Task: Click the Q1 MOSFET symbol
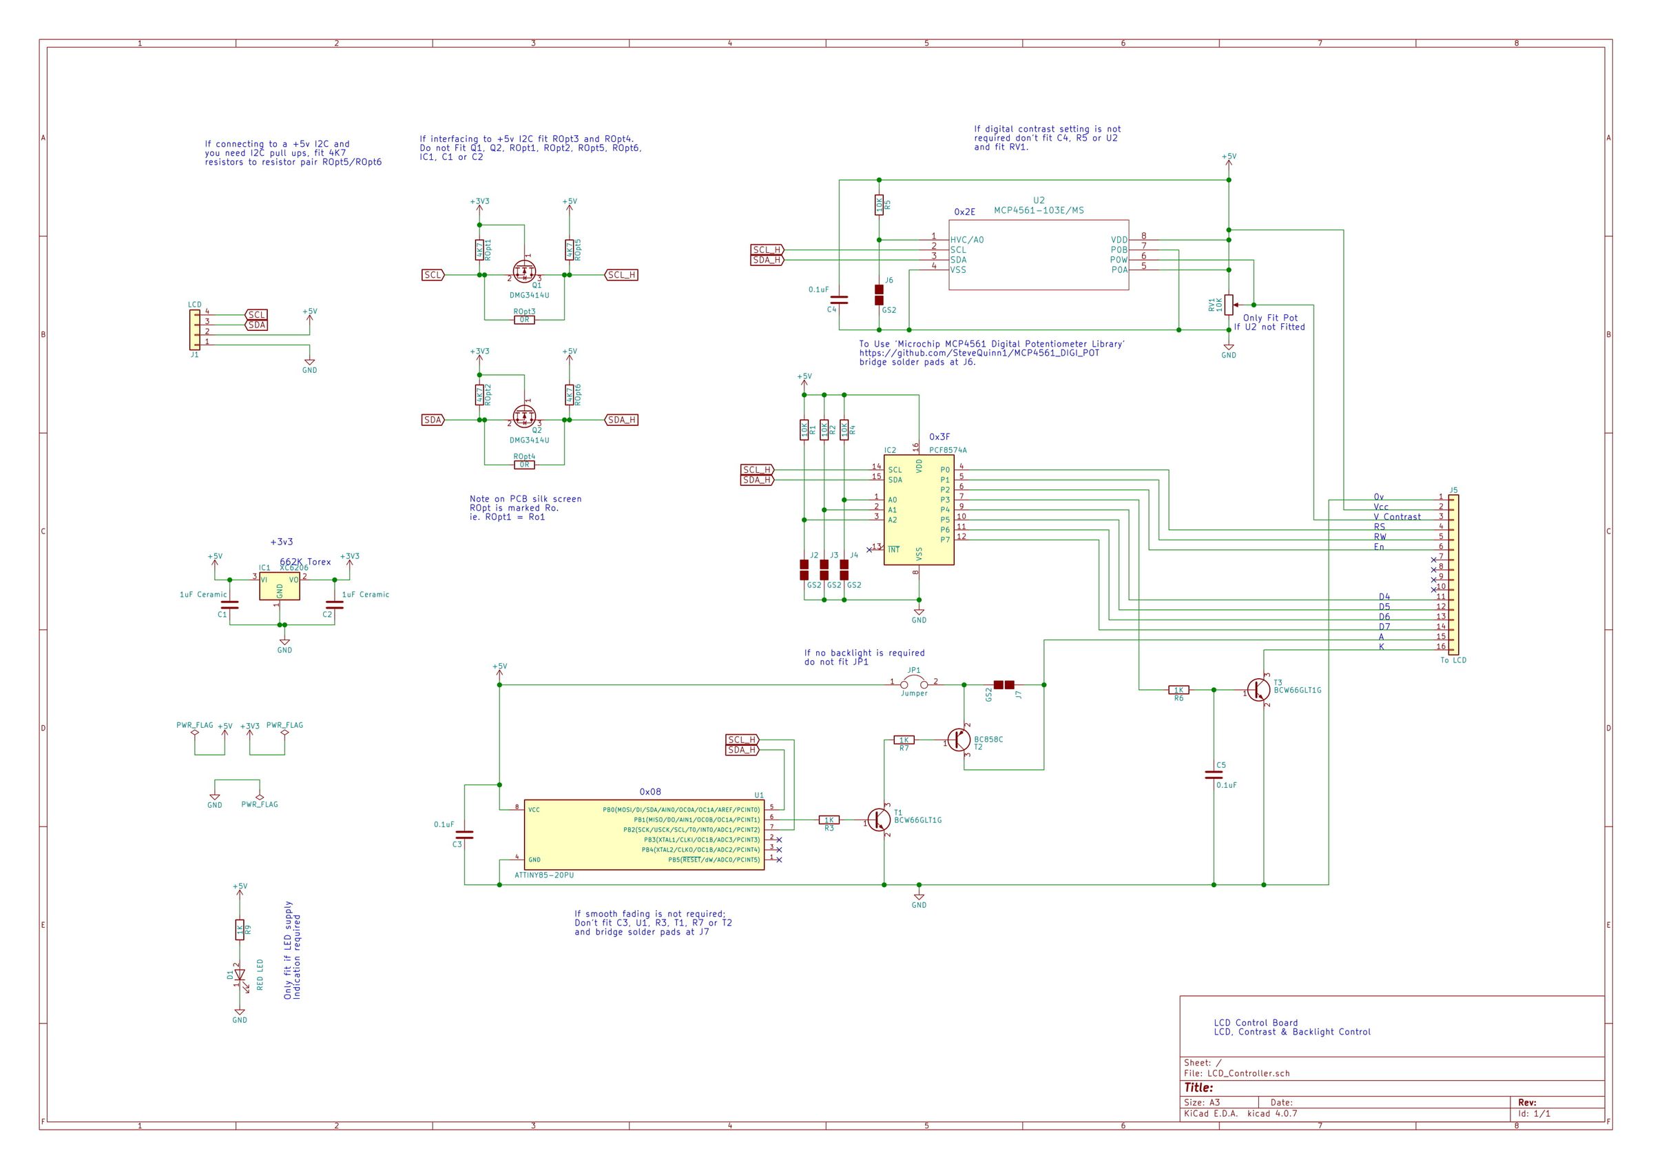(x=525, y=272)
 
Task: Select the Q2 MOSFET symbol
(x=525, y=416)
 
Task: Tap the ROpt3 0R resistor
(x=524, y=320)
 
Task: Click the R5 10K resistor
(x=878, y=205)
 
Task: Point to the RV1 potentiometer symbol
(x=1229, y=304)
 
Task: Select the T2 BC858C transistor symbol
(x=959, y=740)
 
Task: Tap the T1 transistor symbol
(x=880, y=820)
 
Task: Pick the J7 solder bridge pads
(x=1004, y=684)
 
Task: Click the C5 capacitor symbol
(x=1214, y=775)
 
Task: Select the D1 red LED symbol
(x=240, y=975)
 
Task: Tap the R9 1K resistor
(x=240, y=931)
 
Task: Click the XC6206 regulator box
(x=280, y=587)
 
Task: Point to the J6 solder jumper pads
(x=879, y=294)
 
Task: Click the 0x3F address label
(x=939, y=436)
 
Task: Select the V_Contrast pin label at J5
(x=1397, y=516)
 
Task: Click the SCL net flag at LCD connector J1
(x=256, y=315)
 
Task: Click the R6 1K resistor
(x=1178, y=690)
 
